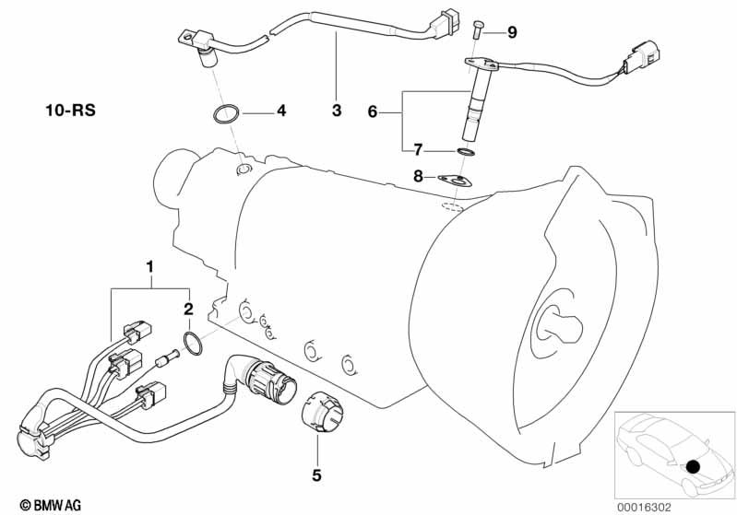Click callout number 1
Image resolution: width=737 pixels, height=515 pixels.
coord(149,267)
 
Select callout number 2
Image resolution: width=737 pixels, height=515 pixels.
coord(188,310)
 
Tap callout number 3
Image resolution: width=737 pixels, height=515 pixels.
coord(336,111)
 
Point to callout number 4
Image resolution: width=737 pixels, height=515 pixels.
coord(281,111)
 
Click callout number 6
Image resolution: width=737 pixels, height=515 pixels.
coord(373,111)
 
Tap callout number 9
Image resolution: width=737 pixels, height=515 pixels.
coord(512,32)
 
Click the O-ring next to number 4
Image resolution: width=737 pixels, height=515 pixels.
coord(226,116)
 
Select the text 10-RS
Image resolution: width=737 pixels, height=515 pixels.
coord(69,111)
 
